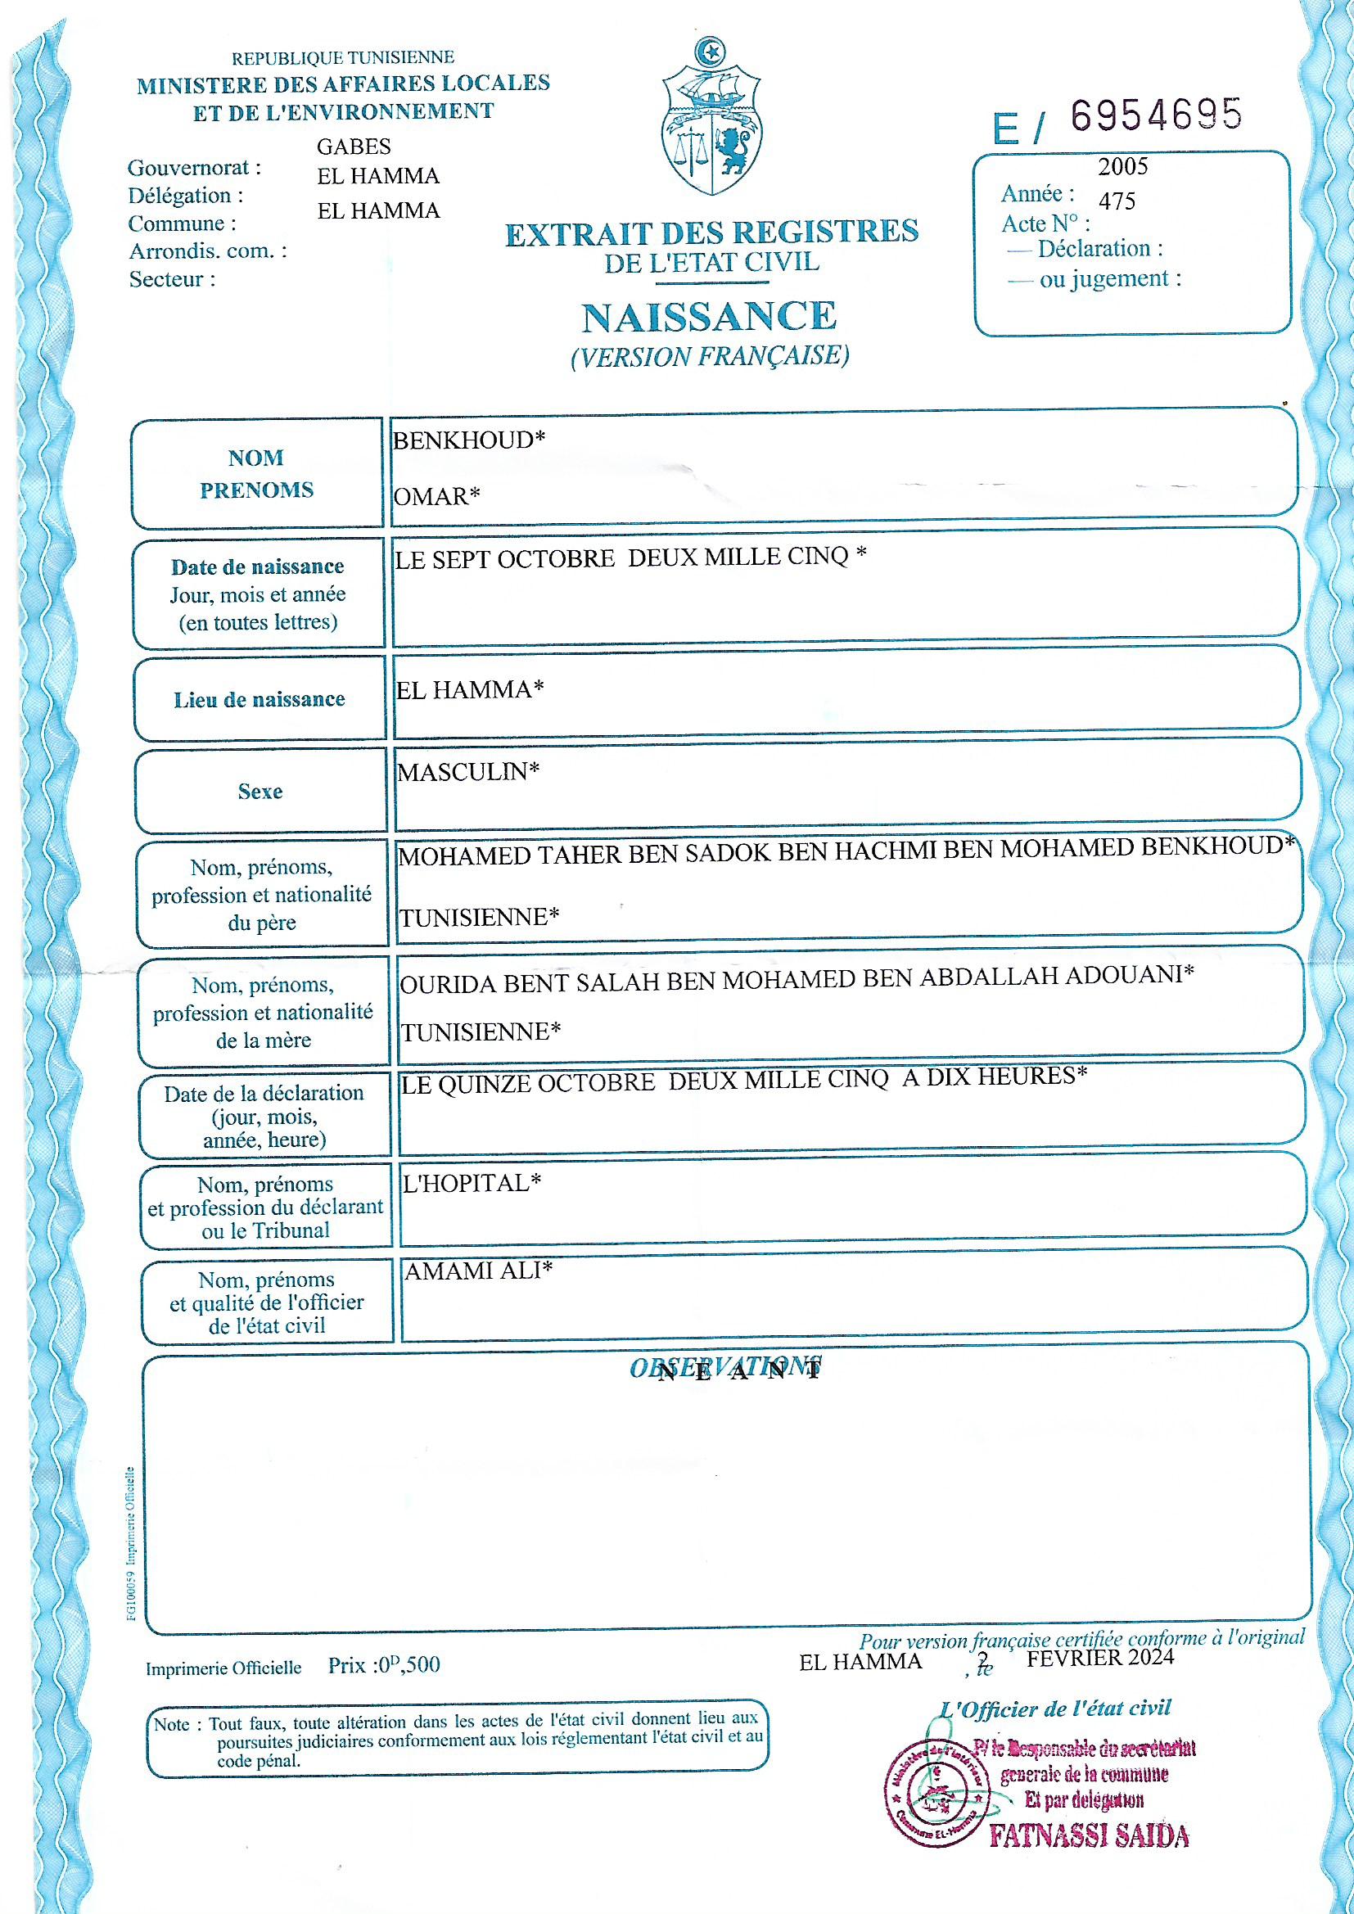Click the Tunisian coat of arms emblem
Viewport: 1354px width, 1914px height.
(x=711, y=117)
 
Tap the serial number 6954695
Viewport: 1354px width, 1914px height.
(x=1156, y=116)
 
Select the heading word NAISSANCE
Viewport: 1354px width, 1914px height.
(x=709, y=317)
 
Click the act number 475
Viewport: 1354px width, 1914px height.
(x=1117, y=201)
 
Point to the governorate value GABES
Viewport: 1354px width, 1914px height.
(x=354, y=147)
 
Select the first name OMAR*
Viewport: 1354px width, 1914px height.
(x=437, y=497)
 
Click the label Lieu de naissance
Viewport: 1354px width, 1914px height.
(x=260, y=699)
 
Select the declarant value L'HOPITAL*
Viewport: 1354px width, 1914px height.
(x=472, y=1183)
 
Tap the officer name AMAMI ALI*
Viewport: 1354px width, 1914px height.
(x=479, y=1271)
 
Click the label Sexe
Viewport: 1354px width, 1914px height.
(x=260, y=791)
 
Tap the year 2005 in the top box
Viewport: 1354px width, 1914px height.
(x=1122, y=167)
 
